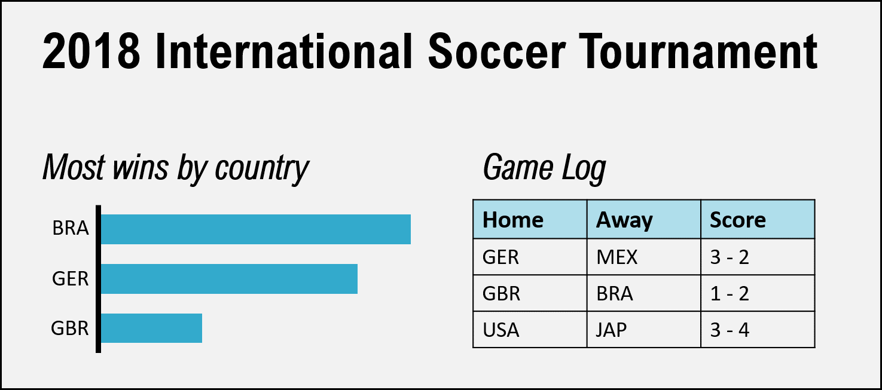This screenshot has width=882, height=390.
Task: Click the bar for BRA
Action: [256, 229]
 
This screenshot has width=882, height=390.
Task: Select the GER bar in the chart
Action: [229, 279]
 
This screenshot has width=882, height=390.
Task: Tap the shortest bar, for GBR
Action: [152, 328]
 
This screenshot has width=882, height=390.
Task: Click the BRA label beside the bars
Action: [71, 228]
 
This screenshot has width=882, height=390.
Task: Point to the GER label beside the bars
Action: [71, 279]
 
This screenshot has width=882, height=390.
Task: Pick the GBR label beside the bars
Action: [70, 328]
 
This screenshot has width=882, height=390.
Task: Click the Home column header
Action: [512, 220]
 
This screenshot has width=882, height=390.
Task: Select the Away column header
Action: [624, 220]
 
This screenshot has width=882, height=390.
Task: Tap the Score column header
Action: [737, 220]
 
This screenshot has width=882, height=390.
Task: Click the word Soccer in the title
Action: [497, 51]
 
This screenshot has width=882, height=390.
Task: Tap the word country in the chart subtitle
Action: [261, 168]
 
